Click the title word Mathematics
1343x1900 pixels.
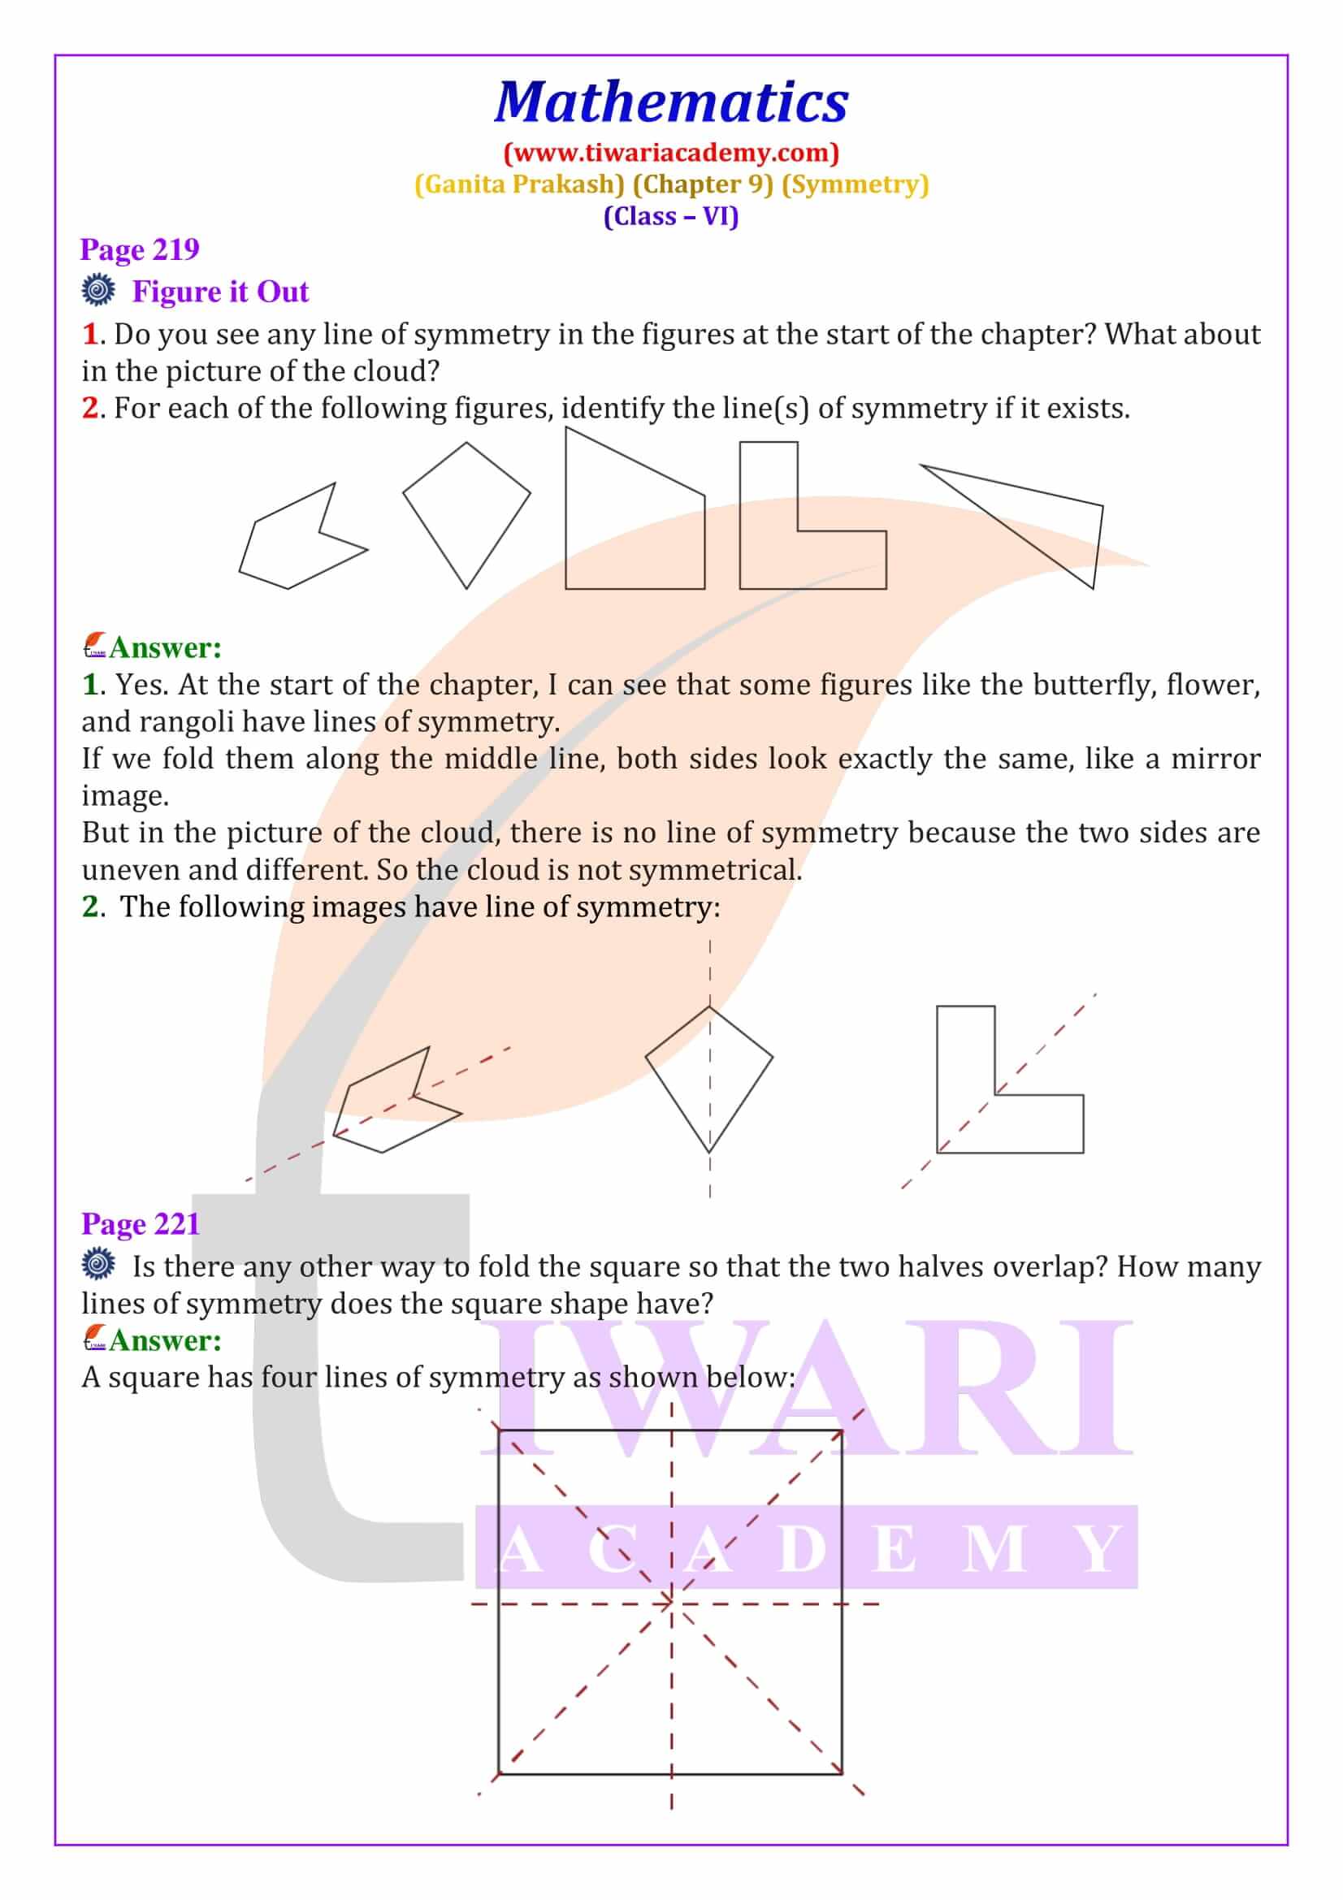click(671, 102)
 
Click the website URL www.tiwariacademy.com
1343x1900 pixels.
click(671, 152)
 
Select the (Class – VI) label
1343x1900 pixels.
click(671, 216)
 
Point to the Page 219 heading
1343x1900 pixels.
click(140, 249)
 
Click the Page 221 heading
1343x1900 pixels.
click(141, 1224)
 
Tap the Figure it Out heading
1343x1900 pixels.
click(220, 292)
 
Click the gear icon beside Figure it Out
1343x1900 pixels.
click(97, 291)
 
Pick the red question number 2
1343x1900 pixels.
click(89, 408)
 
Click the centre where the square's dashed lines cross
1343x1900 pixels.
click(671, 1604)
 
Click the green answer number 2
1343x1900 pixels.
click(89, 907)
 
